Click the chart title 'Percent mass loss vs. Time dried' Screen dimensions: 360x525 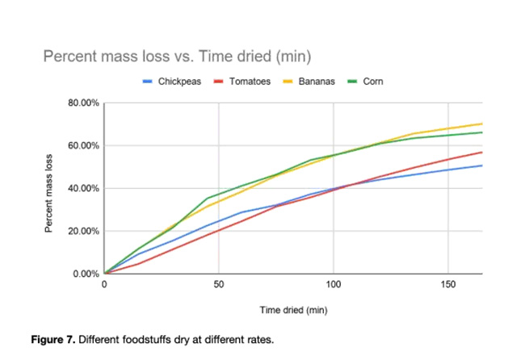coord(177,57)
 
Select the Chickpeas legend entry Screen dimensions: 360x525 coord(178,82)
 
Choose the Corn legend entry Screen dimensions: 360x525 coord(373,82)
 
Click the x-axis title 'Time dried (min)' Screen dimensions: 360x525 coord(292,309)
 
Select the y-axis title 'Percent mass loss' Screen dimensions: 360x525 coord(49,189)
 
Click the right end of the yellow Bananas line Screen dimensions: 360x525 coord(482,123)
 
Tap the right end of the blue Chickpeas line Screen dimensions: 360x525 coord(482,165)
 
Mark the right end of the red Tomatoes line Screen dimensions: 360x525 coord(482,152)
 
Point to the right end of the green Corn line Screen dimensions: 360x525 coord(482,132)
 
